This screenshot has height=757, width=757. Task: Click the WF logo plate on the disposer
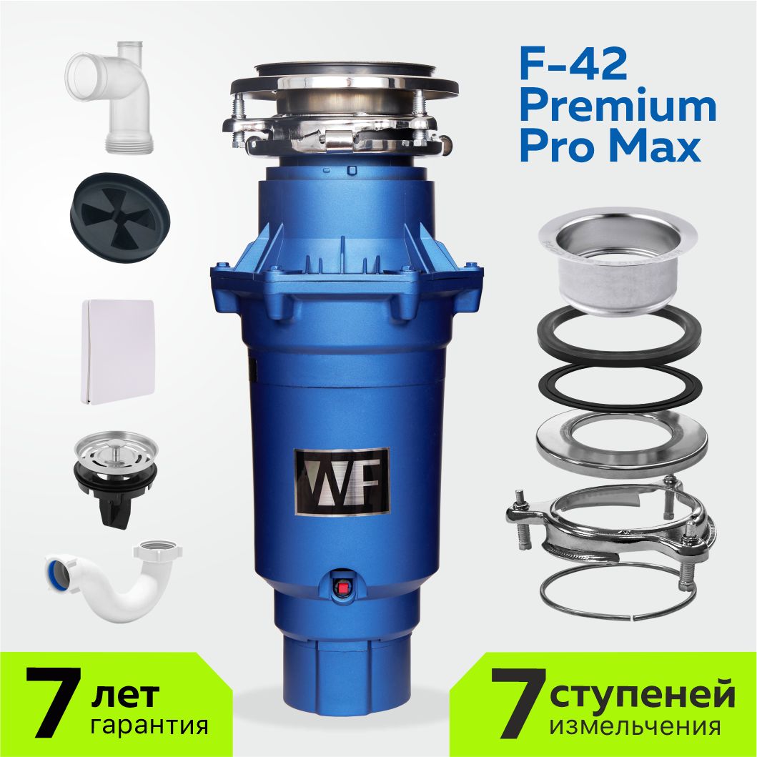tap(342, 481)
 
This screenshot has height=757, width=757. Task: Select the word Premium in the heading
tap(618, 107)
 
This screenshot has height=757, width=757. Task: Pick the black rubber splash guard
tap(120, 217)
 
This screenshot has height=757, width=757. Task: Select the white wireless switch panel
tap(118, 352)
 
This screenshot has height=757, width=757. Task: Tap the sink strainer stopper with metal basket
tap(115, 475)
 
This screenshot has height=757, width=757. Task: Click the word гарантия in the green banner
tap(149, 725)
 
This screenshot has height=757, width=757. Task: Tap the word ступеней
tap(642, 695)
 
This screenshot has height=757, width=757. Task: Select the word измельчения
tap(635, 726)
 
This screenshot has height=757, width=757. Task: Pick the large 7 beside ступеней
tap(518, 703)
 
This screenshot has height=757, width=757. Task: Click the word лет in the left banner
tap(125, 694)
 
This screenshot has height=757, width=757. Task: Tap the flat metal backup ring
tap(621, 444)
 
